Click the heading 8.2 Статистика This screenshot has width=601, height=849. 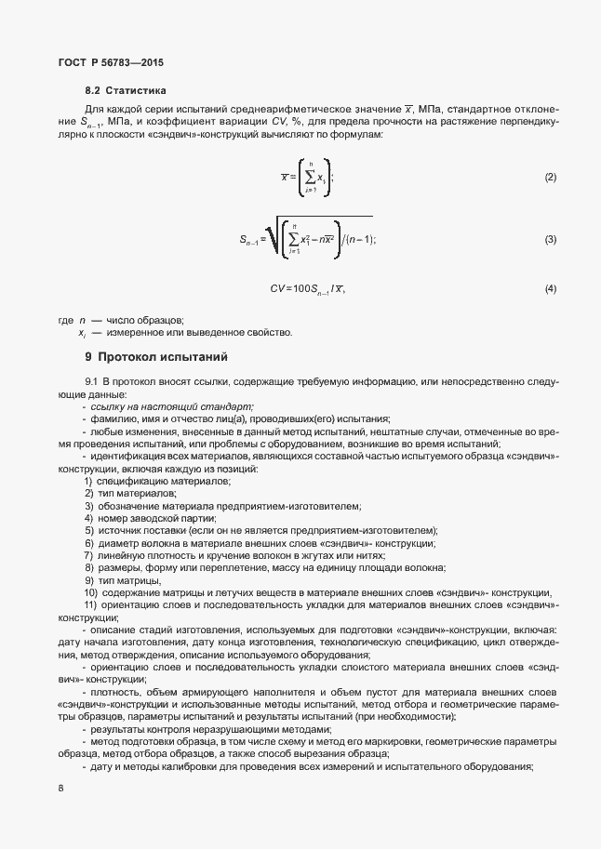tap(125, 92)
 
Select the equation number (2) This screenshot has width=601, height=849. tap(550, 177)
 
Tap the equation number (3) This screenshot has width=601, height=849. tap(550, 240)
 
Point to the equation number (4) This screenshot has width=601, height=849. tap(550, 288)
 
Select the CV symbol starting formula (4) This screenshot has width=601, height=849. tap(277, 289)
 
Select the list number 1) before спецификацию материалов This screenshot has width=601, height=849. tap(88, 481)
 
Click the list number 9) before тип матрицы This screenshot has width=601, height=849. tap(88, 580)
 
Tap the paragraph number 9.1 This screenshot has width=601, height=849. tap(91, 382)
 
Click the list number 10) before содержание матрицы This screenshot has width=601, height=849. tap(91, 593)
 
